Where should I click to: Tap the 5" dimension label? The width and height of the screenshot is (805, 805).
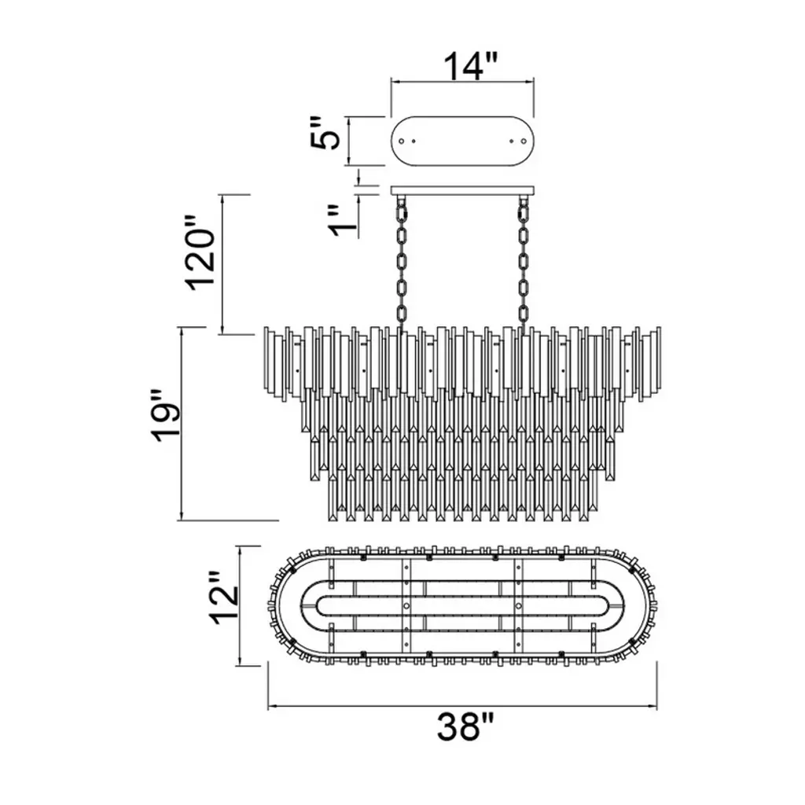pyautogui.click(x=324, y=135)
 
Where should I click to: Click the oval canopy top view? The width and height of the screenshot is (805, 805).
pyautogui.click(x=462, y=141)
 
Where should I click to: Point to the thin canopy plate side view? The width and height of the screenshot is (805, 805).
pyautogui.click(x=462, y=189)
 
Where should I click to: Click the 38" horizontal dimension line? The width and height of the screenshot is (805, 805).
pyautogui.click(x=464, y=705)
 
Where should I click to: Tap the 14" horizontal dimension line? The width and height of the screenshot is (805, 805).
pyautogui.click(x=462, y=81)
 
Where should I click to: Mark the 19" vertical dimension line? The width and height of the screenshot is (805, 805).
pyautogui.click(x=182, y=425)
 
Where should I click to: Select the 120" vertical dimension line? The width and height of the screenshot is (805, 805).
pyautogui.click(x=224, y=263)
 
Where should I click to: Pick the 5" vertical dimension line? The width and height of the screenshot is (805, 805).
pyautogui.click(x=348, y=141)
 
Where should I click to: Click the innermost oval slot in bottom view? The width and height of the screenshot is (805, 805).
pyautogui.click(x=464, y=605)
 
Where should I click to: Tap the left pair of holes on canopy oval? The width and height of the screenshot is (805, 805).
pyautogui.click(x=408, y=141)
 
